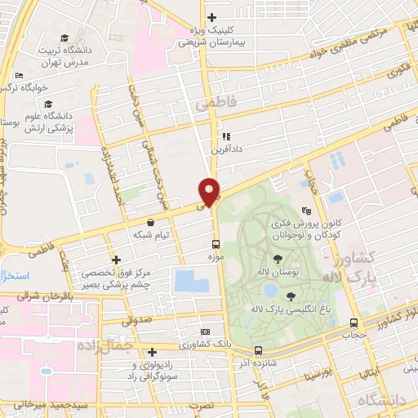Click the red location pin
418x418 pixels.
coord(211,191)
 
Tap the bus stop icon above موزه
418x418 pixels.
coord(216,244)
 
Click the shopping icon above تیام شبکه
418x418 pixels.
coord(151,222)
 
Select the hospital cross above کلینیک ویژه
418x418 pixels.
coord(211,16)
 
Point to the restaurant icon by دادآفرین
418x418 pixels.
coord(226,136)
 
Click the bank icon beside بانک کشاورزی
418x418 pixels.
coord(205,332)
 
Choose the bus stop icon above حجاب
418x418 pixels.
coord(353,322)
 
